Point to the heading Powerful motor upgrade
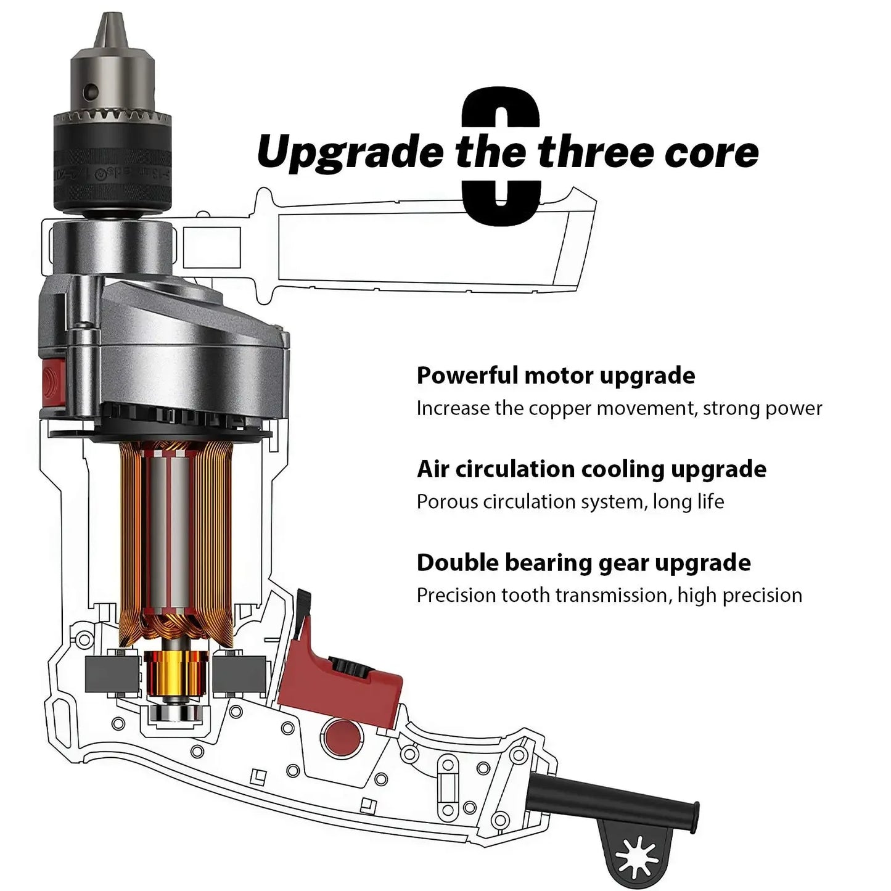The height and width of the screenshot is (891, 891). pos(556,375)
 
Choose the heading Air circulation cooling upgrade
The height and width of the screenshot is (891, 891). pos(591,469)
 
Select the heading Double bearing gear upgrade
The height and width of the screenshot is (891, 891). pos(583,563)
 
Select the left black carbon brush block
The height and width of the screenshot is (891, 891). pos(112,675)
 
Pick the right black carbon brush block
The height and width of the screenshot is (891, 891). pos(239,675)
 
